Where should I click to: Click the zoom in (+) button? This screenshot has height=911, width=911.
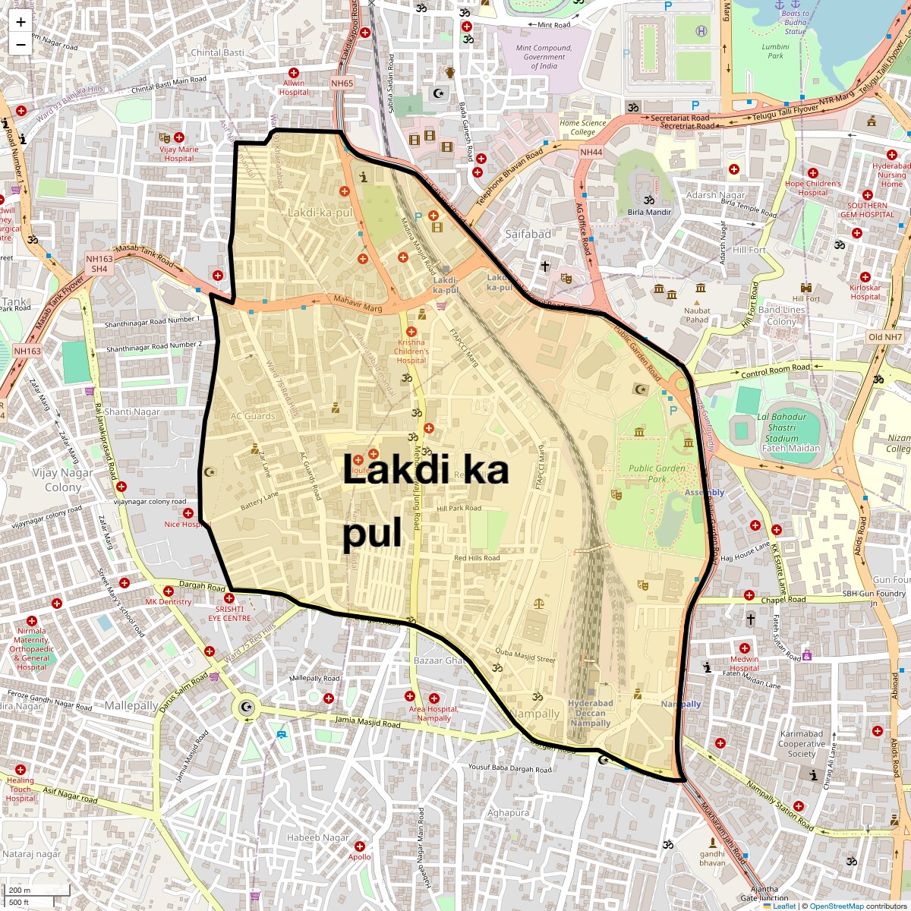click(20, 21)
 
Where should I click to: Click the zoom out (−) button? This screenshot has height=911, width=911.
click(20, 44)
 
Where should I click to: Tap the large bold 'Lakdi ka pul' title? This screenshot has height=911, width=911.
click(424, 501)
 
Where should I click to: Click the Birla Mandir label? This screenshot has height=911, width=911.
click(649, 212)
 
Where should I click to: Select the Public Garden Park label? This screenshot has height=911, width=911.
click(657, 474)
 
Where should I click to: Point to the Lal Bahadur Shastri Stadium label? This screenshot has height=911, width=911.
click(781, 432)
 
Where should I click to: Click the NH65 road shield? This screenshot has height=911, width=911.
click(342, 84)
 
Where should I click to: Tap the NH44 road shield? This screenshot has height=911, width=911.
click(591, 152)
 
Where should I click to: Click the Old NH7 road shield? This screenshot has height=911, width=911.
click(885, 337)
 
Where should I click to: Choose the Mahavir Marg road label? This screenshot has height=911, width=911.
click(358, 304)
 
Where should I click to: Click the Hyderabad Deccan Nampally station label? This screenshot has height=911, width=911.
click(591, 714)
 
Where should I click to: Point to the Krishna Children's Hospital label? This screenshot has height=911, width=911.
click(412, 351)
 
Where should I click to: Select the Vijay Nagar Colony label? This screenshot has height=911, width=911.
click(63, 480)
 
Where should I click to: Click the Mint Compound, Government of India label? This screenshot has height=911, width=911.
click(544, 57)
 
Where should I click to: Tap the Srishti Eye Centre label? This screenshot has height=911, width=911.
click(229, 613)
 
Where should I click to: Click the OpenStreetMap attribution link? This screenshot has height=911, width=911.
click(836, 906)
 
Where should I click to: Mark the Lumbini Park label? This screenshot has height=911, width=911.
click(775, 51)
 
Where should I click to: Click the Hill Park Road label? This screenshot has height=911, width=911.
click(459, 508)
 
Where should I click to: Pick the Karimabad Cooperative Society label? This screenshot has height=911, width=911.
click(801, 744)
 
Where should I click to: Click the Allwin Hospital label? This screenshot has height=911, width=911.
click(294, 87)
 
